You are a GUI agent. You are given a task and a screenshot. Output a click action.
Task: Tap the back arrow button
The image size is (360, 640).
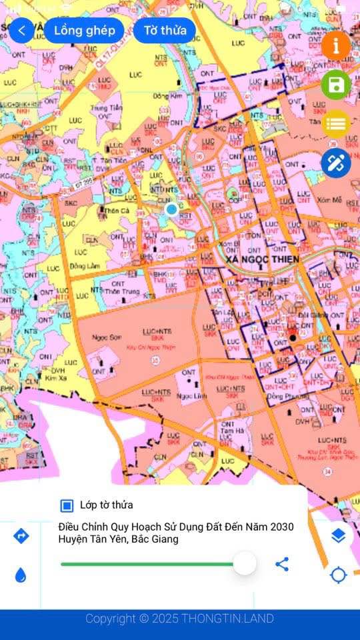21,31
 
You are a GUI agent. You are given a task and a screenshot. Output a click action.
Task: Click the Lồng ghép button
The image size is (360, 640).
84,31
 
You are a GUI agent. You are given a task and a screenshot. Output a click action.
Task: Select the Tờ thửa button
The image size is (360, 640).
165,31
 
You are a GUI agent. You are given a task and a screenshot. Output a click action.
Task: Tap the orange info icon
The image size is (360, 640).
336,45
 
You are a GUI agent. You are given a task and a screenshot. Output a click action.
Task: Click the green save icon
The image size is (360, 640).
336,85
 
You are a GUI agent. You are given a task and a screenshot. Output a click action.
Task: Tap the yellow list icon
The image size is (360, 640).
336,123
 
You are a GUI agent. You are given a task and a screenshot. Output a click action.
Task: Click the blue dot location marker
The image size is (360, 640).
171,209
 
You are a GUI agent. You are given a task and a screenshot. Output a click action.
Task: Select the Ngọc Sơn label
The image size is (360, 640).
104,337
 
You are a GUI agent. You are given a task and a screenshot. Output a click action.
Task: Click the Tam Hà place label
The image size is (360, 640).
229,431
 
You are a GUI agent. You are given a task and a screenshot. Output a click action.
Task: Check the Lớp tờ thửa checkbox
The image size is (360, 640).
67,505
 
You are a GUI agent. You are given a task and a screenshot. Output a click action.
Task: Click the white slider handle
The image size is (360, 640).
245,563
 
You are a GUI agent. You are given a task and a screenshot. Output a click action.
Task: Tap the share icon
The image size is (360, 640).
282,564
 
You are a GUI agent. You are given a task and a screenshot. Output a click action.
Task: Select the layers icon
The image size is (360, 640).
338,535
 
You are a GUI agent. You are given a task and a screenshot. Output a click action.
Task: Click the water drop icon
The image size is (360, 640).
21,575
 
